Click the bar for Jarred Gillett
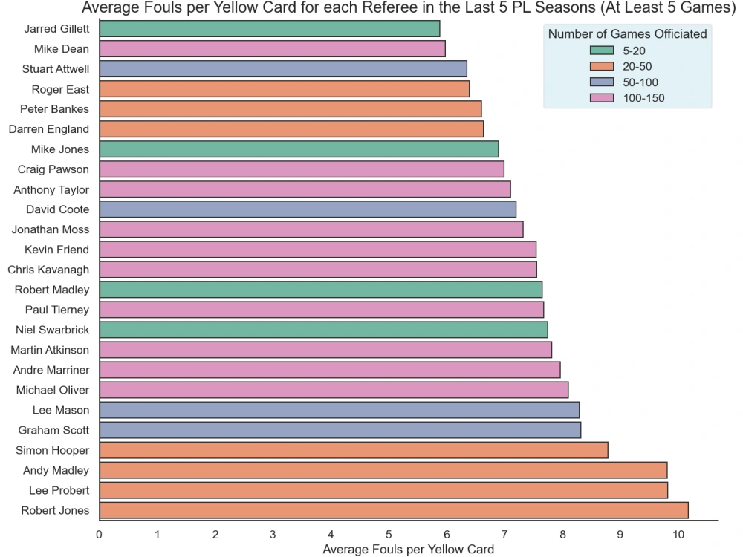pyautogui.click(x=269, y=29)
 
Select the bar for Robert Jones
pyautogui.click(x=393, y=510)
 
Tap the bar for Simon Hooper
pyautogui.click(x=353, y=450)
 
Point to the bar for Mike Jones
pyautogui.click(x=298, y=149)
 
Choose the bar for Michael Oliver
pyautogui.click(x=333, y=390)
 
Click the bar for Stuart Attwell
pyautogui.click(x=282, y=69)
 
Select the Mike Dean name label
pyautogui.click(x=62, y=49)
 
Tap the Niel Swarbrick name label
pyautogui.click(x=52, y=330)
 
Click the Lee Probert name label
pyautogui.click(x=59, y=490)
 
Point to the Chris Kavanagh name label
pyautogui.click(x=48, y=270)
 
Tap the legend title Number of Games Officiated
pyautogui.click(x=627, y=33)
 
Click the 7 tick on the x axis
pyautogui.click(x=504, y=534)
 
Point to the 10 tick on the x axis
pyautogui.click(x=678, y=534)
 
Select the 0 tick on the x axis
pyautogui.click(x=99, y=534)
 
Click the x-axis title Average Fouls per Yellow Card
pyautogui.click(x=408, y=550)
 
